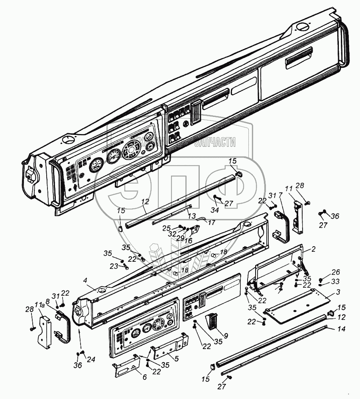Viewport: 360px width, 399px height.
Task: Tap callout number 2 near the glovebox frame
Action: tap(313, 249)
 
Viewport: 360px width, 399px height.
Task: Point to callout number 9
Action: tap(226, 336)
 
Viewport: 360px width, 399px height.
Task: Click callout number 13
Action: tap(191, 215)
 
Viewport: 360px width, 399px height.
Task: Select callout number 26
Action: tap(336, 272)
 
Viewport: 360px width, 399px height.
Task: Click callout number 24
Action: tap(91, 359)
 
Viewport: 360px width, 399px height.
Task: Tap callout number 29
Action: tap(180, 237)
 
